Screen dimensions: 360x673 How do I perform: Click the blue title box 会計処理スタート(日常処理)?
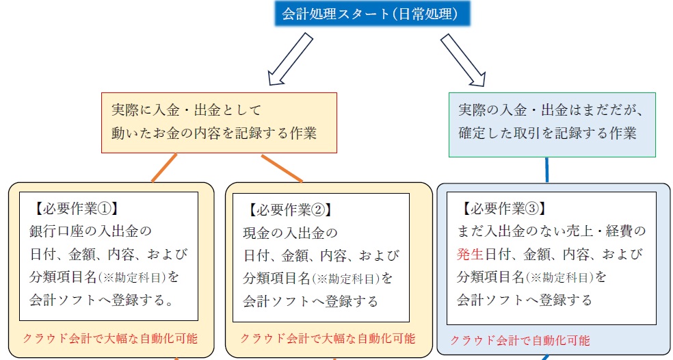pos(371,14)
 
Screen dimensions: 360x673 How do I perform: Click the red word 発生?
pos(471,255)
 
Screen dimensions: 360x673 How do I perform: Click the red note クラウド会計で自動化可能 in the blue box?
pos(520,340)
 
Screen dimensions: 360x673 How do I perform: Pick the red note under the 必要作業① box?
pos(110,338)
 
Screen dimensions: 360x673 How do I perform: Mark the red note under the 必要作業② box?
pos(328,338)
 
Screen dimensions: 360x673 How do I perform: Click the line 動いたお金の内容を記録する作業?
pos(213,133)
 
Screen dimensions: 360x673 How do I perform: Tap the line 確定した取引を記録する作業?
pos(547,133)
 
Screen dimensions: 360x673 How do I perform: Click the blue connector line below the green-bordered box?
pos(547,170)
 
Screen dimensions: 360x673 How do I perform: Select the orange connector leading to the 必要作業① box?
pos(164,168)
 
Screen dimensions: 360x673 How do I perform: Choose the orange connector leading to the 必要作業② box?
pos(282,168)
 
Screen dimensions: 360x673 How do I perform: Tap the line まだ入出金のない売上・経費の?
pos(551,231)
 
